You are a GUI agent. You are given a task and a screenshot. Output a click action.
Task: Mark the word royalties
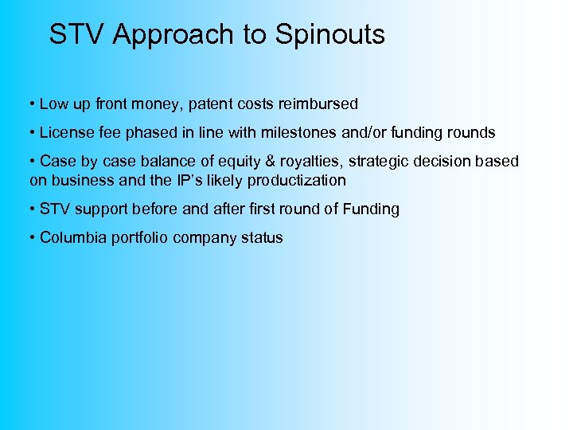302,162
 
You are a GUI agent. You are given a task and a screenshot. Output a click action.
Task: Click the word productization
297,180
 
